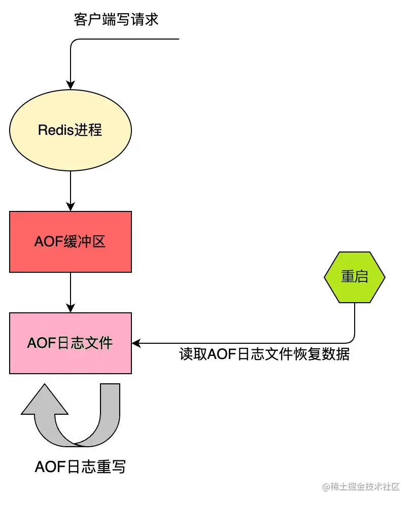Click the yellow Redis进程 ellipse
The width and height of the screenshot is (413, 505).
coord(71,130)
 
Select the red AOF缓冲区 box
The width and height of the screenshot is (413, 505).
coord(71,242)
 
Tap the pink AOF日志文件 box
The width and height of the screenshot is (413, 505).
coord(71,343)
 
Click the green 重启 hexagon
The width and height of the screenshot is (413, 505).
coord(355,277)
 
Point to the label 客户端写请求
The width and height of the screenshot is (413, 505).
coord(116,20)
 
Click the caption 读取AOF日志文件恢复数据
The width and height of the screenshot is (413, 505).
coord(264,354)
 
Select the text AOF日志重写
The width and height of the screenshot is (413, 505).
coord(80,466)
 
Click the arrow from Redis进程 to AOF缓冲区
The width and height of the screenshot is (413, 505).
coord(71,190)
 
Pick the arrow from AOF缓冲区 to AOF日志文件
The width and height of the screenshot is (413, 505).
coord(71,292)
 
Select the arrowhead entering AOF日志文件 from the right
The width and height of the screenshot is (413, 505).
coord(136,343)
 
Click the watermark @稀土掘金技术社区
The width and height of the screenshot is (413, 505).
coord(361,487)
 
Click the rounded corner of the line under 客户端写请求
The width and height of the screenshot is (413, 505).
coord(74,42)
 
